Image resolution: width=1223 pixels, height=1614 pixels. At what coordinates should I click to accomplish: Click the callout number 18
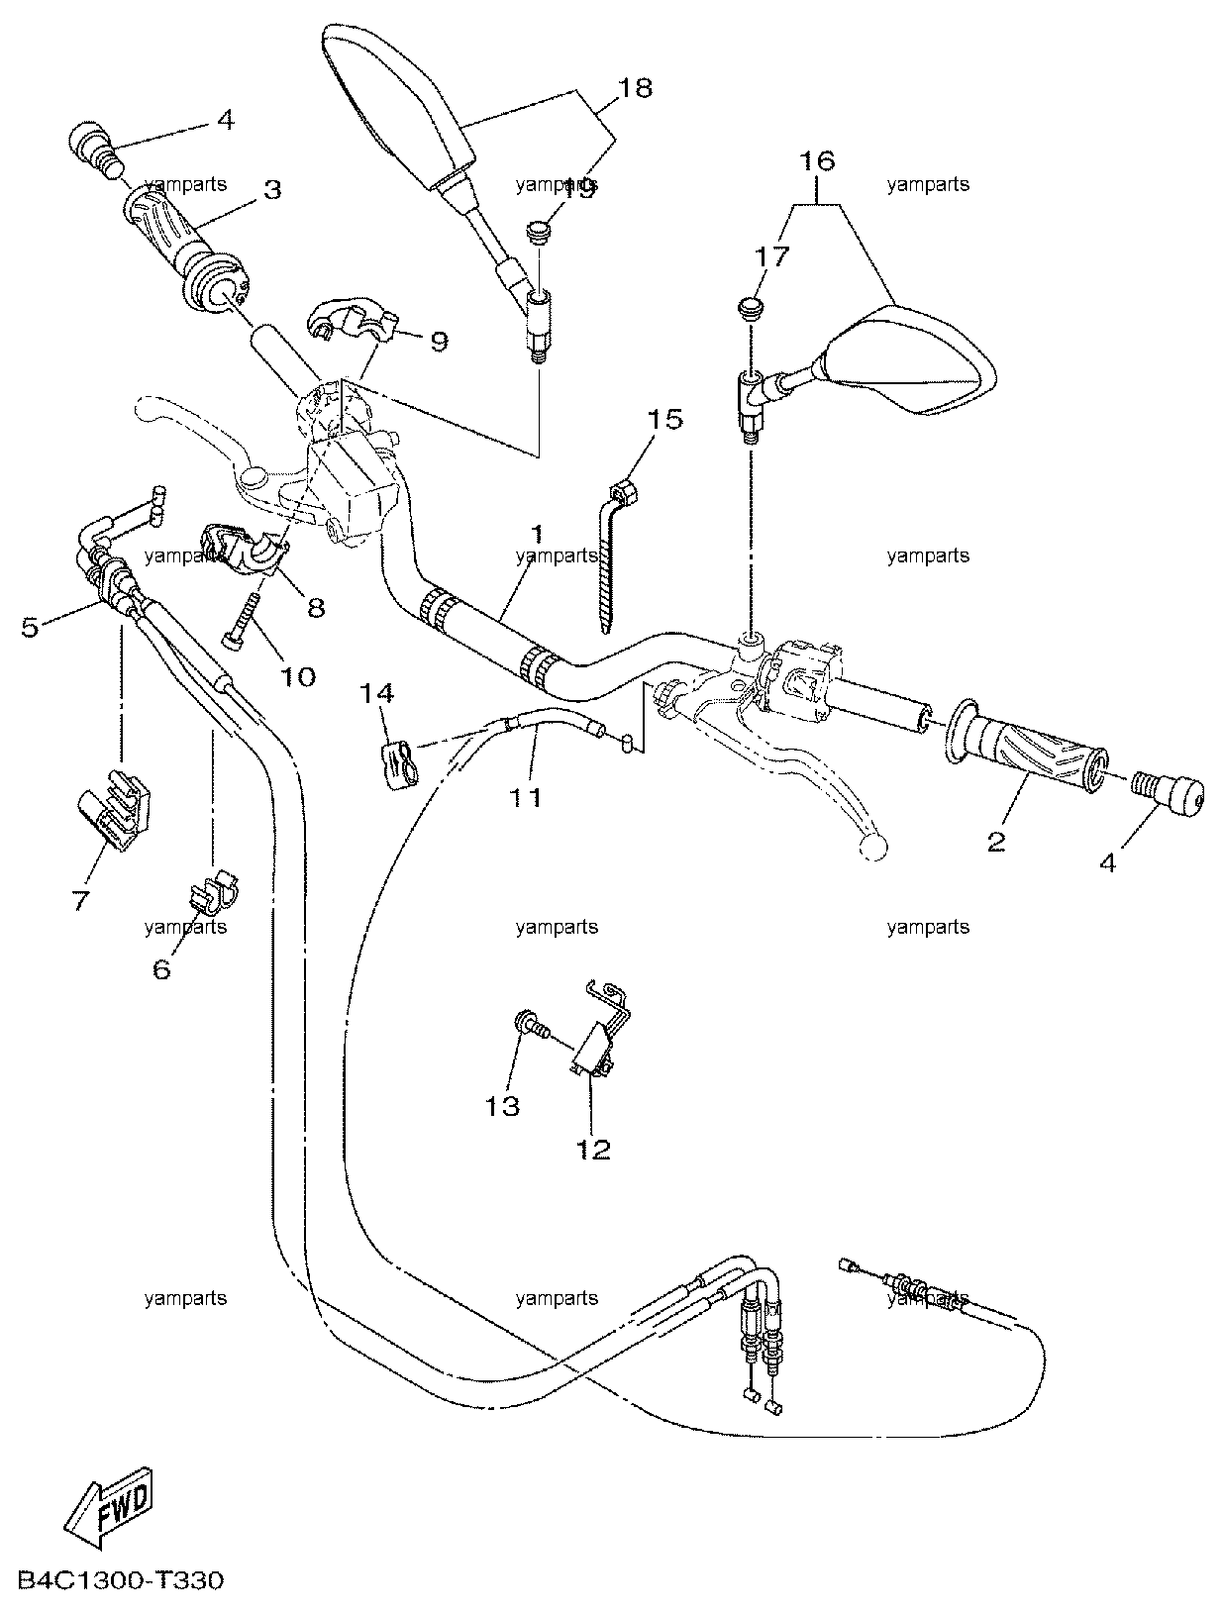(636, 88)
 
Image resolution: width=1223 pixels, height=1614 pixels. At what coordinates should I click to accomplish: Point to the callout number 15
(664, 419)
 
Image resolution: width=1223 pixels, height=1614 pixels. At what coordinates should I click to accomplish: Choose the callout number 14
(376, 693)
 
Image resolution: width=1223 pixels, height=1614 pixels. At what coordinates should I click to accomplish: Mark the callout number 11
(526, 797)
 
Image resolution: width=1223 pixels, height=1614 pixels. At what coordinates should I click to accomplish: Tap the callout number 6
(161, 969)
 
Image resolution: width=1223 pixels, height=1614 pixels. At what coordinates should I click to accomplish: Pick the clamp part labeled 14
(399, 766)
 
